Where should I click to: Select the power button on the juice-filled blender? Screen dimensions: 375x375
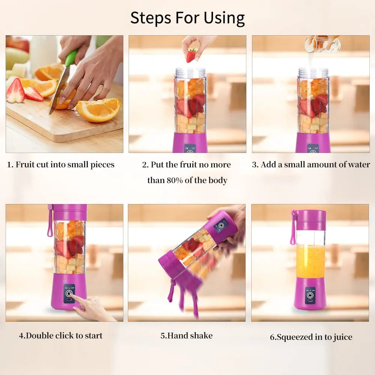(x=310, y=295)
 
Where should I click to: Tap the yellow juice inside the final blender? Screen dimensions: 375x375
(x=310, y=261)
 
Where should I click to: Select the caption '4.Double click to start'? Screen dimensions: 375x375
(x=61, y=335)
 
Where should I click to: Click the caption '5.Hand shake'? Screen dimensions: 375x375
(x=186, y=335)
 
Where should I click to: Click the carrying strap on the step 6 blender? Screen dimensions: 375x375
(x=293, y=229)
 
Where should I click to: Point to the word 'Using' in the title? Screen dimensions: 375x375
(x=224, y=18)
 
